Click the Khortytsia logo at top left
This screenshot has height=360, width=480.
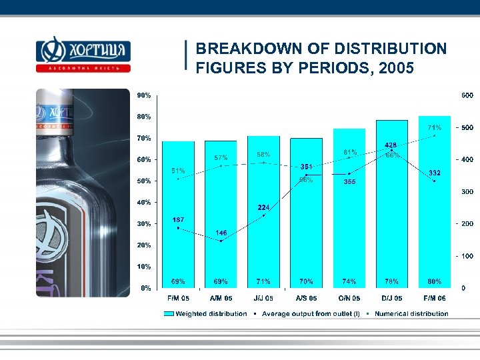83,54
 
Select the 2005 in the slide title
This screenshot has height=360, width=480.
396,68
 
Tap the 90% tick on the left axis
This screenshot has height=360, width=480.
144,95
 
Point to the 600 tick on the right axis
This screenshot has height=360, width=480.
467,95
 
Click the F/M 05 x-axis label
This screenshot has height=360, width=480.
178,298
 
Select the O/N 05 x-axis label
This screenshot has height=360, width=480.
349,298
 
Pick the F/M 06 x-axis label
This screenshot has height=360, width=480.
435,298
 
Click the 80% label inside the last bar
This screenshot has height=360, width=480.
435,281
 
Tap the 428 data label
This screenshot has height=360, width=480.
392,145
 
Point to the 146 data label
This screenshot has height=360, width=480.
221,233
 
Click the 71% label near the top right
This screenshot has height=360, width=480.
435,127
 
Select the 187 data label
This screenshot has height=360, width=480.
178,219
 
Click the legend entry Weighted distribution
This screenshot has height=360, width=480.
210,313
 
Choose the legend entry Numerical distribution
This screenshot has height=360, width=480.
411,313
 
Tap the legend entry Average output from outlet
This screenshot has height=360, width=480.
310,313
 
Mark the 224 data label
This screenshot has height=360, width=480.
263,207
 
